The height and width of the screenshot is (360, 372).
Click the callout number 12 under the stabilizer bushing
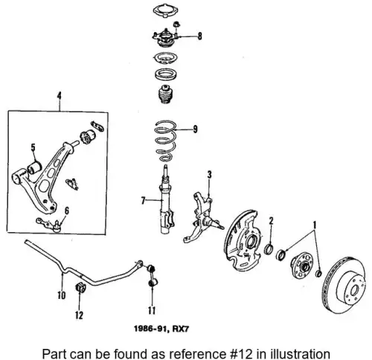[x=79, y=315]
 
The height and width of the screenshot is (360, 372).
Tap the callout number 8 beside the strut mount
[x=199, y=36]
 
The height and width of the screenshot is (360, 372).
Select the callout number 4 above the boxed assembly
[x=59, y=96]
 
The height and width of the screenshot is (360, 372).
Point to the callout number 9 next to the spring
[x=196, y=129]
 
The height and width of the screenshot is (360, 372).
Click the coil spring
[x=165, y=141]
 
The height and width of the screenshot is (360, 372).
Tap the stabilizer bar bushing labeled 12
[x=80, y=287]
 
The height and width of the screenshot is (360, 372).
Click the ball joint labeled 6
[x=48, y=225]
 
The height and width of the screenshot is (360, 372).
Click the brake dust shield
[x=243, y=240]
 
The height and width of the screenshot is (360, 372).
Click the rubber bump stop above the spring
[x=165, y=94]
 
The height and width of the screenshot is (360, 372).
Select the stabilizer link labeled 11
[x=151, y=274]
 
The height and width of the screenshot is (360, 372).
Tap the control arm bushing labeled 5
[x=34, y=167]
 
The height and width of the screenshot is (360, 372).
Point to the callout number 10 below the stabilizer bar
[x=62, y=295]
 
